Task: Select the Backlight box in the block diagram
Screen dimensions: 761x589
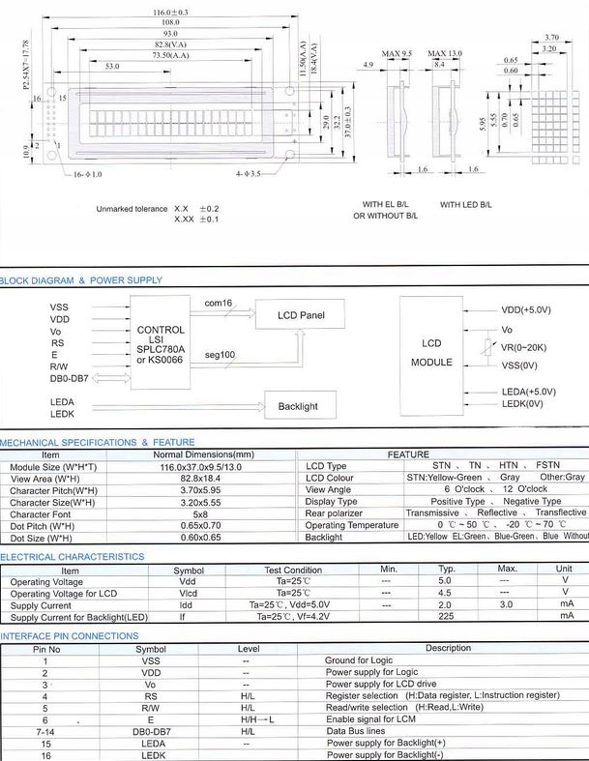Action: (x=298, y=406)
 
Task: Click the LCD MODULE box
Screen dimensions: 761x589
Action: (x=431, y=352)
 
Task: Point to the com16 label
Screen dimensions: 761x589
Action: (x=218, y=304)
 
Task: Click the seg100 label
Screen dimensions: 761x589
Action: (x=220, y=355)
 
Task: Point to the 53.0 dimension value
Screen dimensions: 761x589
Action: (x=112, y=67)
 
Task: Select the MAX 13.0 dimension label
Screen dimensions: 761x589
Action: (x=445, y=53)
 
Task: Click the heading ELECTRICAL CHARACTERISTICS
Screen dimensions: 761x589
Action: (x=73, y=557)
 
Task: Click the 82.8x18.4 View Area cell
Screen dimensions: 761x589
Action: (x=204, y=479)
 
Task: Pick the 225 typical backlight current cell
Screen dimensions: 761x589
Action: (x=447, y=616)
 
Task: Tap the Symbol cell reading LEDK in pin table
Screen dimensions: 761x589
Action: (x=151, y=754)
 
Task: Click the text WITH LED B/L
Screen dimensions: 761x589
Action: (x=466, y=205)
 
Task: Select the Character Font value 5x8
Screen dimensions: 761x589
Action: (x=204, y=514)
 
